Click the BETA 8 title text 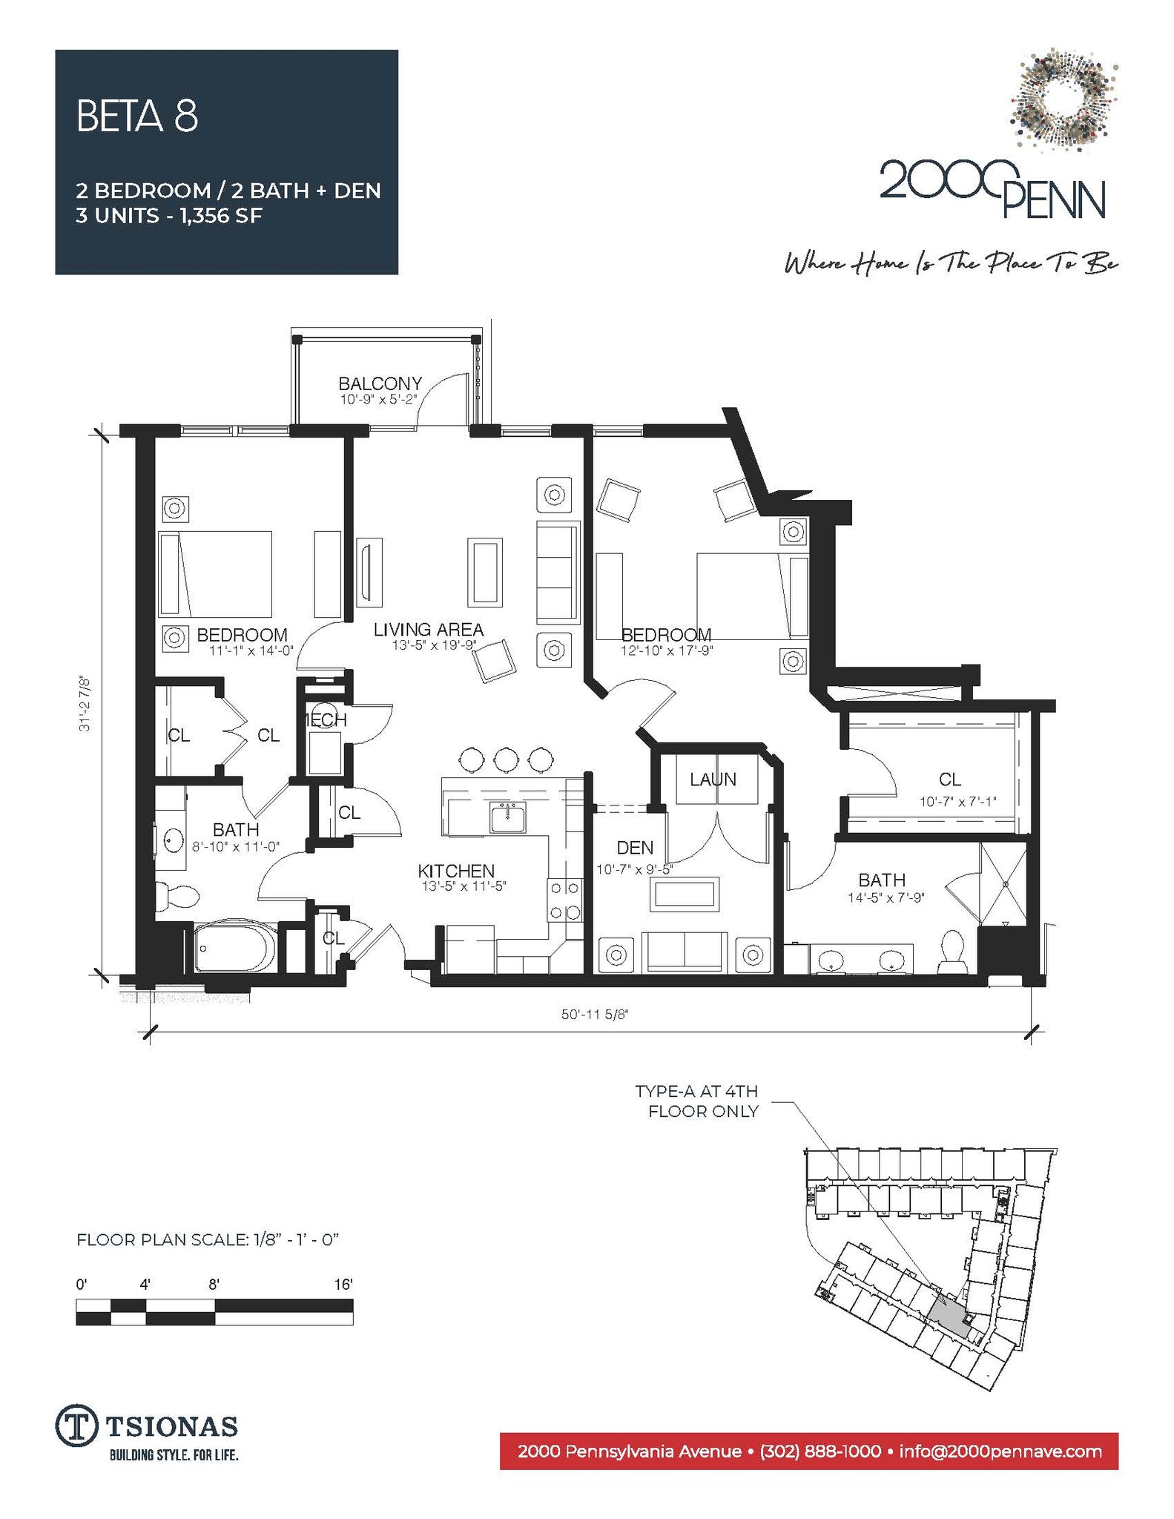[137, 116]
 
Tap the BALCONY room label [380, 383]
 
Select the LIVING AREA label [428, 630]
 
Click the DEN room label [635, 847]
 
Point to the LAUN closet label [713, 779]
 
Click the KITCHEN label [455, 871]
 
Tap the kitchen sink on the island [507, 817]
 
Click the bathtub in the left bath [234, 947]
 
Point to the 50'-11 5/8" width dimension [594, 1014]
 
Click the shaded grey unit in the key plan [948, 1319]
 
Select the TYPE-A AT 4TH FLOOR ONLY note [696, 1101]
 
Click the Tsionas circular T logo [76, 1425]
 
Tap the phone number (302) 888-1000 [820, 1451]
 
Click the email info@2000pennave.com [1000, 1451]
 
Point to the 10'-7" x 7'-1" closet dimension [957, 801]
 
